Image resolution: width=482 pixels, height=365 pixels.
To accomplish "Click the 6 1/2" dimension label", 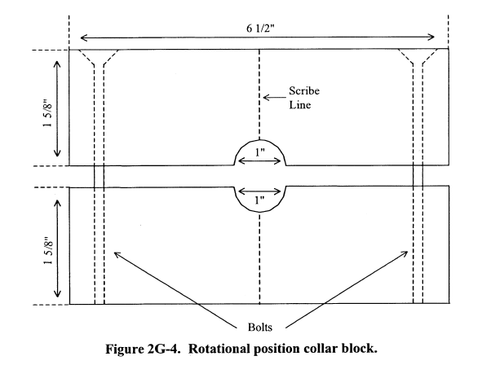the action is (260, 29).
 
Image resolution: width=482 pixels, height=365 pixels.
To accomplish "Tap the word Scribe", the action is (304, 91).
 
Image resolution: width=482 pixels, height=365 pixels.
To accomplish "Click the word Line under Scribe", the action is (299, 104).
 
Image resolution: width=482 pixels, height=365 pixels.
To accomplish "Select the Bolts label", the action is (260, 328).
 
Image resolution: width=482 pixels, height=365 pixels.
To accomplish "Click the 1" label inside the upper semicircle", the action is (259, 152).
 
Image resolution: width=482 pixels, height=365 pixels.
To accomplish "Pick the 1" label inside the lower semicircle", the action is (259, 200).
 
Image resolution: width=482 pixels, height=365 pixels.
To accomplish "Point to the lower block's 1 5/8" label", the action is (49, 251).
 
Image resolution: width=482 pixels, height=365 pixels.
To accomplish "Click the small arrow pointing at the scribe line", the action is (274, 98).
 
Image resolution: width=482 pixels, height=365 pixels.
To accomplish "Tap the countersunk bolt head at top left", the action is (99, 57).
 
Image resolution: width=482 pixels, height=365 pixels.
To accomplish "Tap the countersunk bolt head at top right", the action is (418, 57).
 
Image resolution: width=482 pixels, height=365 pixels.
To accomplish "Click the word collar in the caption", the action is (321, 349).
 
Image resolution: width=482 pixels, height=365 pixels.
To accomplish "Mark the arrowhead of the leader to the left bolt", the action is (116, 254).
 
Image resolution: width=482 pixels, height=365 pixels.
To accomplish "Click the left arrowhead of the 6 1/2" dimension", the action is (84, 37).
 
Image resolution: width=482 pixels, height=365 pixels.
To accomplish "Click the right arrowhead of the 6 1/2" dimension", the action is (431, 37).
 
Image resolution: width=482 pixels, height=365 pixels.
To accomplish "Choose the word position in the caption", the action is (277, 350).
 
